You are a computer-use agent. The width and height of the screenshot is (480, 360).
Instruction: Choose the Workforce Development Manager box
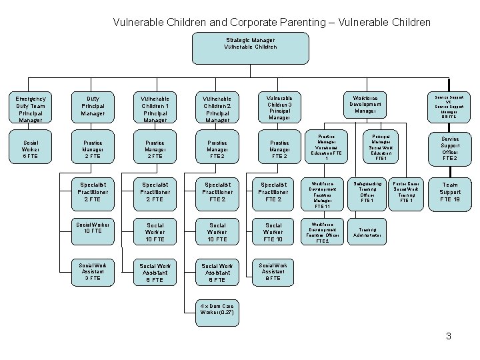pos(365,103)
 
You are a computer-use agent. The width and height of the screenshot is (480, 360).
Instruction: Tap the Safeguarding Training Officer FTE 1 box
pos(367,191)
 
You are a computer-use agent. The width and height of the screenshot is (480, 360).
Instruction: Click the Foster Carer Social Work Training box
pos(407,191)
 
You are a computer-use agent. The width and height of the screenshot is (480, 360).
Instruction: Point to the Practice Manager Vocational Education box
pos(327,147)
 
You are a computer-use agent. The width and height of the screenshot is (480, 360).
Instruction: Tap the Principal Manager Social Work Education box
pos(381,147)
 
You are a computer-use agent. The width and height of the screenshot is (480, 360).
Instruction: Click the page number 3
pos(449,336)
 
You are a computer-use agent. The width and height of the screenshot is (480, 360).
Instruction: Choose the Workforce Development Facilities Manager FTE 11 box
pos(323,193)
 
